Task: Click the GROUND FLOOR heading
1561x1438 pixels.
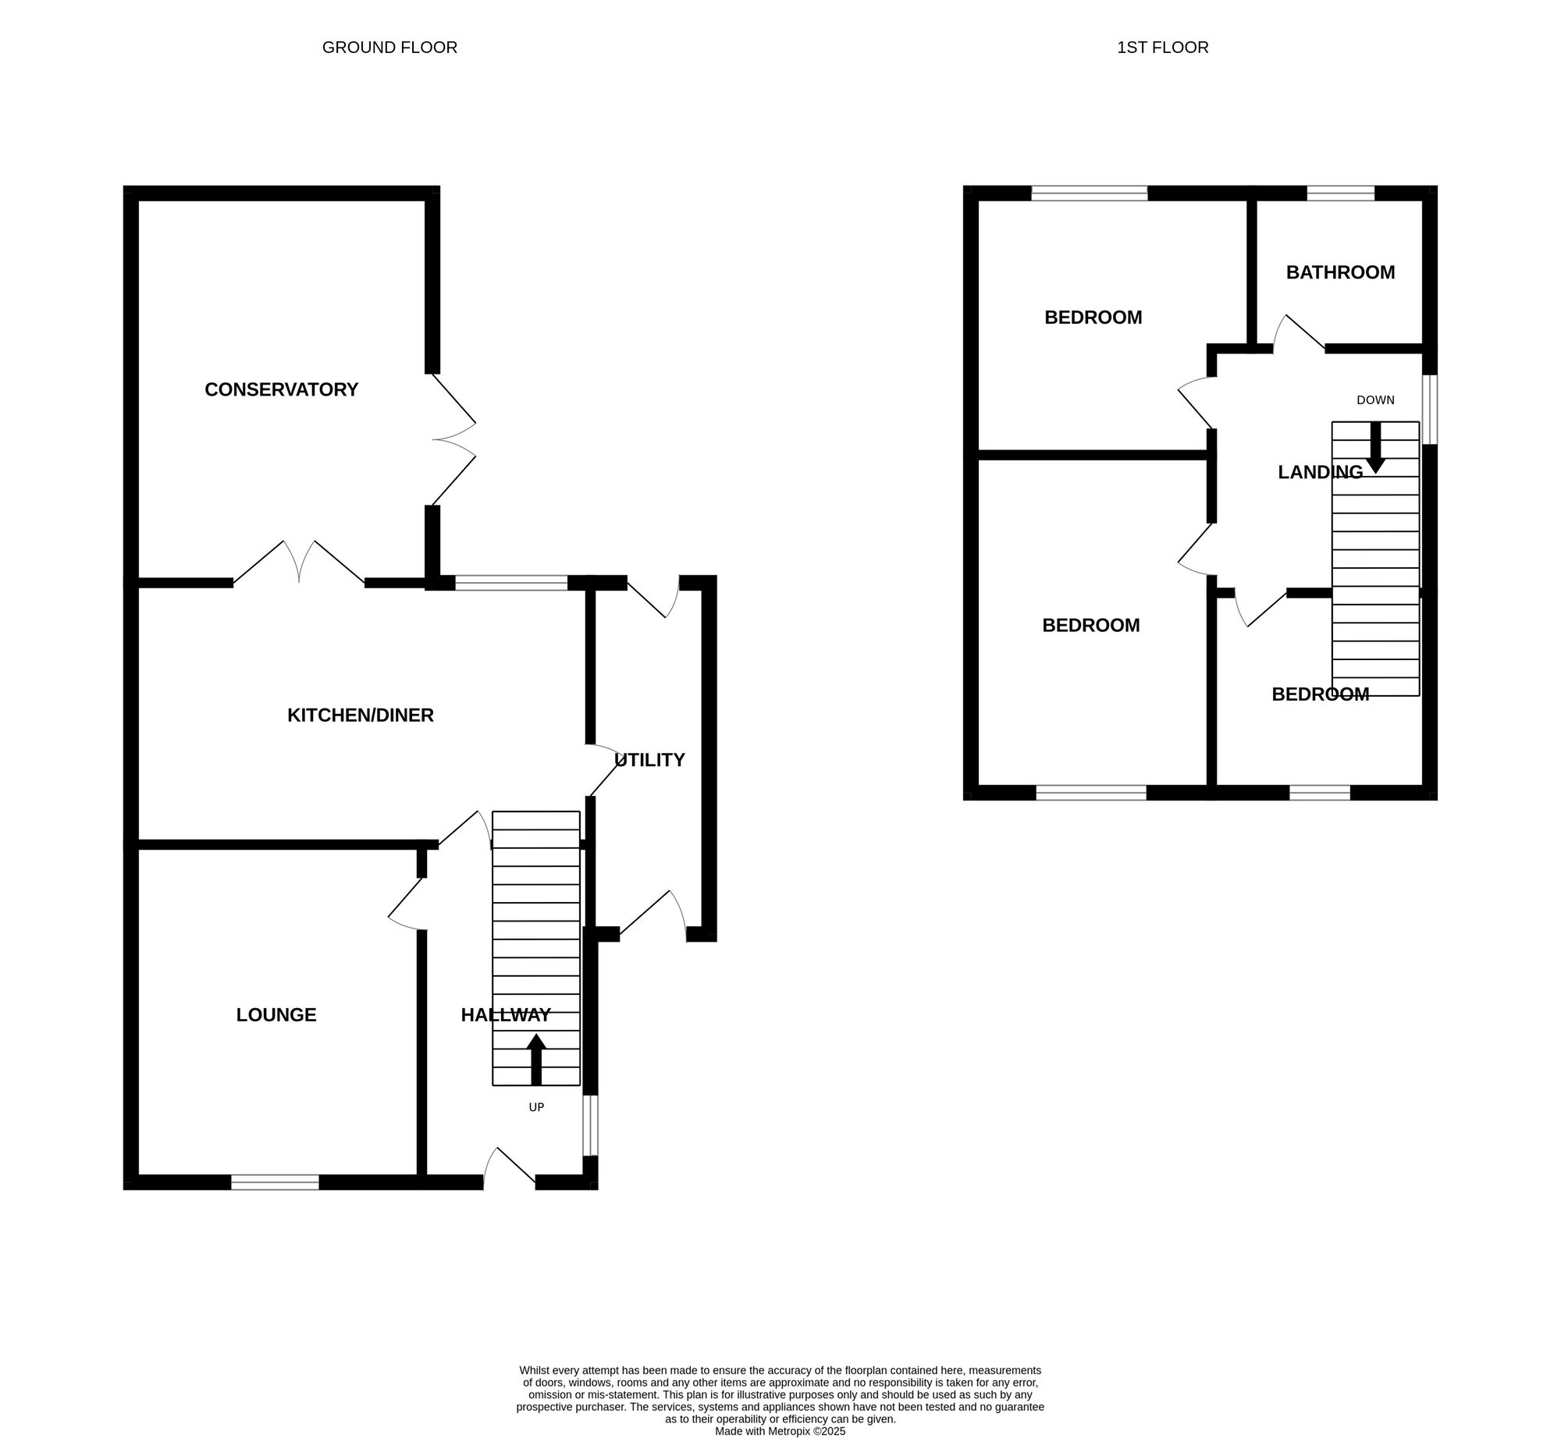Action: pos(389,48)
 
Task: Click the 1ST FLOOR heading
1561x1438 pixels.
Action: pos(1162,48)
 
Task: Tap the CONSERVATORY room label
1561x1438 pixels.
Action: pos(281,389)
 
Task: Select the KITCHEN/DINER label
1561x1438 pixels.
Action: pos(360,715)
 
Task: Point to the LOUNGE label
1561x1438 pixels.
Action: pos(276,1014)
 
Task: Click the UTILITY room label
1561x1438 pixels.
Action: pos(649,759)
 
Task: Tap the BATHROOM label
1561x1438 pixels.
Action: pos(1340,272)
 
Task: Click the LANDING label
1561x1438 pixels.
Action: pos(1320,472)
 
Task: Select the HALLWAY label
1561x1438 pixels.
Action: pos(506,1014)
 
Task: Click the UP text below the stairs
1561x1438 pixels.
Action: pos(536,1107)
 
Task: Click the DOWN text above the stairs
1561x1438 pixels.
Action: pos(1375,400)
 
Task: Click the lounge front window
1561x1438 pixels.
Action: pos(275,1182)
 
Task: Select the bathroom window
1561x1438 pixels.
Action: pos(1340,194)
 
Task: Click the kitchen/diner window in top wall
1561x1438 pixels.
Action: pos(511,582)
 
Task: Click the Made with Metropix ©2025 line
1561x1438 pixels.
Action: pos(780,1432)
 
